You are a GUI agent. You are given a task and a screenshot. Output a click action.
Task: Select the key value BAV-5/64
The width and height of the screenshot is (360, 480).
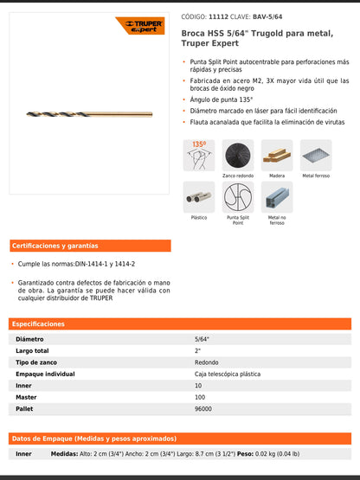pyautogui.click(x=267, y=16)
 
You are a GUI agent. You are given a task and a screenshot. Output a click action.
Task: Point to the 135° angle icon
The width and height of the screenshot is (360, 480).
pyautogui.click(x=198, y=155)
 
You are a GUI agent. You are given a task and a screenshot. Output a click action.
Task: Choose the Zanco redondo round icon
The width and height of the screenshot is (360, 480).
pyautogui.click(x=238, y=155)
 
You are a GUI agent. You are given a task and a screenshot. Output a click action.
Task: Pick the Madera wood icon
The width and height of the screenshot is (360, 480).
pyautogui.click(x=277, y=155)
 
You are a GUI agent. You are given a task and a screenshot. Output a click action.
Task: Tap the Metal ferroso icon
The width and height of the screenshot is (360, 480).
pyautogui.click(x=316, y=155)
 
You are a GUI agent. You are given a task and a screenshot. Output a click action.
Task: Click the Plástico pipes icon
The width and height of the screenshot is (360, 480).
pyautogui.click(x=198, y=197)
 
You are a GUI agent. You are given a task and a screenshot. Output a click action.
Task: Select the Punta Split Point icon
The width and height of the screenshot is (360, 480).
pyautogui.click(x=238, y=197)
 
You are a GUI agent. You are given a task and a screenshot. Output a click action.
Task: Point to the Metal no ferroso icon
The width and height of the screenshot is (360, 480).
pyautogui.click(x=277, y=197)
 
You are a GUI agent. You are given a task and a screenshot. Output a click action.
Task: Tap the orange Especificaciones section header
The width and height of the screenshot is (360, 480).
pyautogui.click(x=39, y=323)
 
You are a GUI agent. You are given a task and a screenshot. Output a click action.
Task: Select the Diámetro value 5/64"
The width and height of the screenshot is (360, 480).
pyautogui.click(x=202, y=340)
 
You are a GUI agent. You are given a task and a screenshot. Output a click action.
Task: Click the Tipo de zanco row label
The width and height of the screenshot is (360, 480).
pyautogui.click(x=38, y=362)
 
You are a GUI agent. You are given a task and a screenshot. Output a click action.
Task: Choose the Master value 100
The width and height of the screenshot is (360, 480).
pyautogui.click(x=200, y=397)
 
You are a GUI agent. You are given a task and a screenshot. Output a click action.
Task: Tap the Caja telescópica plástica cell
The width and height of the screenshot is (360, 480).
pyautogui.click(x=228, y=374)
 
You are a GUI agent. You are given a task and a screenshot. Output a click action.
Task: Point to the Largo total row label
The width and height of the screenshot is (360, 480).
pyautogui.click(x=35, y=351)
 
